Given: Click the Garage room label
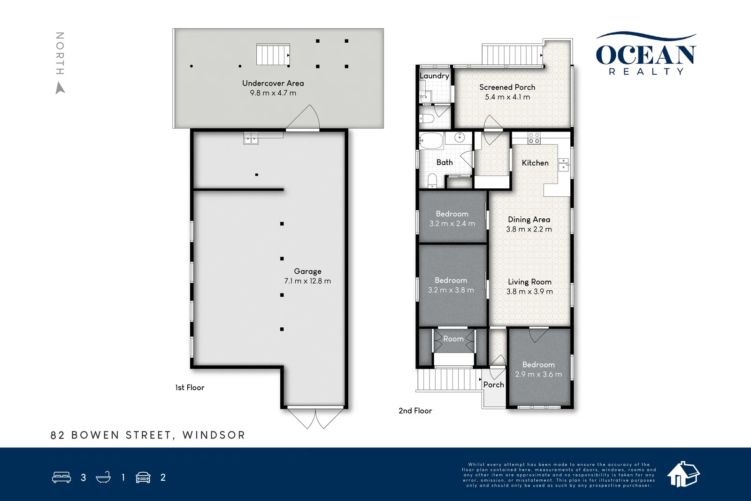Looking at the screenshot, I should (307, 271).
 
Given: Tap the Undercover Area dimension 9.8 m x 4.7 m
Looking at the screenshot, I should (273, 93).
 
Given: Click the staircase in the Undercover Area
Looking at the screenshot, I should (272, 54).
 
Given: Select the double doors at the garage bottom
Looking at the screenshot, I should (315, 418).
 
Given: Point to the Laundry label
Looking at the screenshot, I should (434, 76).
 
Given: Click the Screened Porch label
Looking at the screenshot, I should (507, 87).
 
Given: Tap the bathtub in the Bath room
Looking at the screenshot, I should (431, 140).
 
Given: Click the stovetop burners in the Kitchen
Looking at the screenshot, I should (534, 138).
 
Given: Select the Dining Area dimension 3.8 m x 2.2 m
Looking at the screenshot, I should (529, 229).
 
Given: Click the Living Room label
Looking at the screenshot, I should (529, 282).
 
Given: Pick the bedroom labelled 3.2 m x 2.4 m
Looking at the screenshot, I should (452, 219).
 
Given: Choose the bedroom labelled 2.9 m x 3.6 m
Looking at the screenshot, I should (538, 370).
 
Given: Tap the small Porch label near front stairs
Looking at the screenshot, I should (493, 385).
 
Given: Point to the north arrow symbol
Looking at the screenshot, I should (60, 88).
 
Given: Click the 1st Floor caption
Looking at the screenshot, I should (190, 387).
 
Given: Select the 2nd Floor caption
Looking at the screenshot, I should (415, 410).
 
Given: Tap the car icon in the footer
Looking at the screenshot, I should (143, 478).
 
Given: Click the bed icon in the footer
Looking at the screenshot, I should (61, 478).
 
